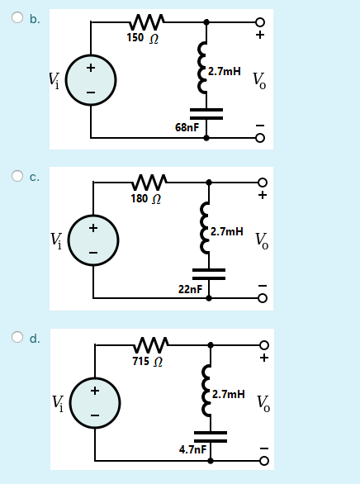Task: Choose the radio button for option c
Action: click(17, 176)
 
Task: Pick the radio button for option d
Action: click(17, 337)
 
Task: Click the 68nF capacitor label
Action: click(187, 127)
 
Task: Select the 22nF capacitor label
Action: click(190, 288)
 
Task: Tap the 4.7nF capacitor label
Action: click(192, 449)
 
